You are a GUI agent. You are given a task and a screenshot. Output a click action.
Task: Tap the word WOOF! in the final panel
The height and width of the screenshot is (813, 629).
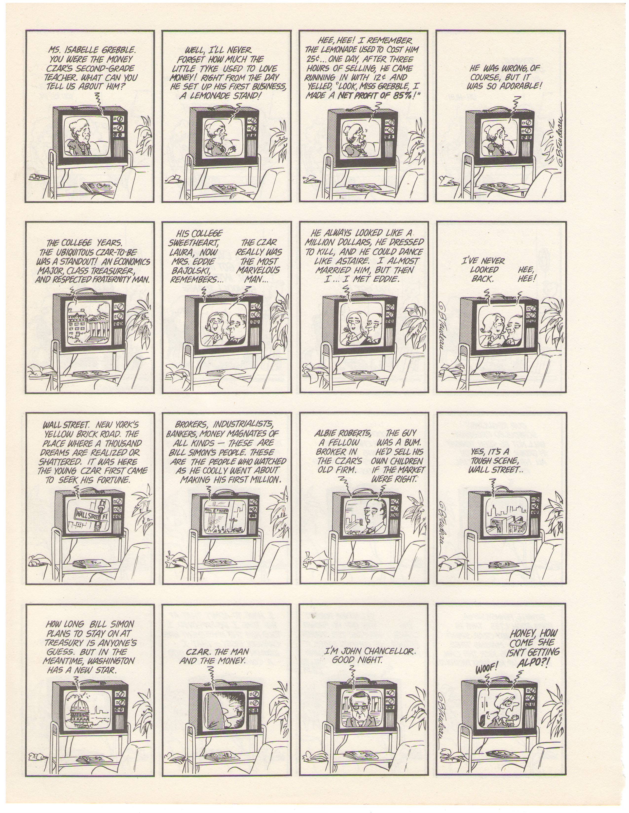point(487,668)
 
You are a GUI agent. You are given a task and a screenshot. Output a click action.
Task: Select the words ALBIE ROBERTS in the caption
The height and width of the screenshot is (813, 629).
point(343,433)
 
